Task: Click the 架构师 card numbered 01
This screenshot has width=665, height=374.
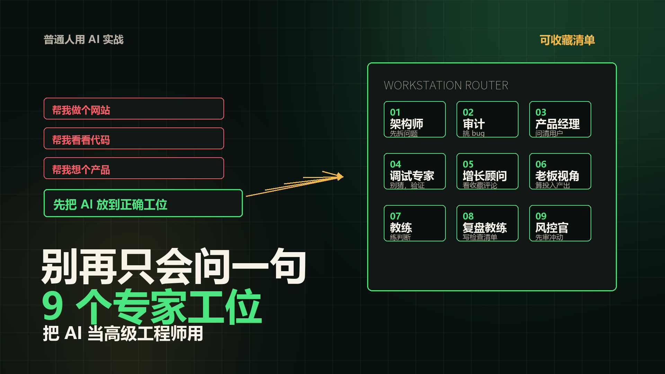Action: (415, 119)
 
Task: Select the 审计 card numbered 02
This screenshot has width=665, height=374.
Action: (487, 119)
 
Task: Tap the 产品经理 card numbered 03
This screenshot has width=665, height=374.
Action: (560, 119)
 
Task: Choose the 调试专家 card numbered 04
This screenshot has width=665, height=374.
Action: (415, 171)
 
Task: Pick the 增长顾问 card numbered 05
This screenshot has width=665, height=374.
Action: (487, 171)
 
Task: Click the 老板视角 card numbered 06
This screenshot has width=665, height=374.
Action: (560, 171)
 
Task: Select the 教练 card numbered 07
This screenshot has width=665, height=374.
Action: (415, 223)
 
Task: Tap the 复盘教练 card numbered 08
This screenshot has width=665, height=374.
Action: (487, 223)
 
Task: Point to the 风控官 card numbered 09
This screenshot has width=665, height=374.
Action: (560, 223)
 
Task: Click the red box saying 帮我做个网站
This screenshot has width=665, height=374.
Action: (134, 109)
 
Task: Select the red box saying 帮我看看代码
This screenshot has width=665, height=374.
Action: (134, 139)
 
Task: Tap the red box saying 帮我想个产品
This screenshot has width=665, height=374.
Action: (134, 168)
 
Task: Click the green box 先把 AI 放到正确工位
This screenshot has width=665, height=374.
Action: (143, 203)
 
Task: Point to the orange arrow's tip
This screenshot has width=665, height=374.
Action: (343, 177)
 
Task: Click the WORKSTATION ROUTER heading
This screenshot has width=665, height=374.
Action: (446, 86)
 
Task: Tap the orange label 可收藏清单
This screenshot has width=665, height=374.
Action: (567, 40)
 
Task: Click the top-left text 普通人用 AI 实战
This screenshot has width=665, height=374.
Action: (83, 39)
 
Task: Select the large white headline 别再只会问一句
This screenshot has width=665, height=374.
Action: (174, 267)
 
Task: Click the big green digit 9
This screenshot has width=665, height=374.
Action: (53, 306)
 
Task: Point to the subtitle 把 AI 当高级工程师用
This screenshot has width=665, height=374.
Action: (123, 333)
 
